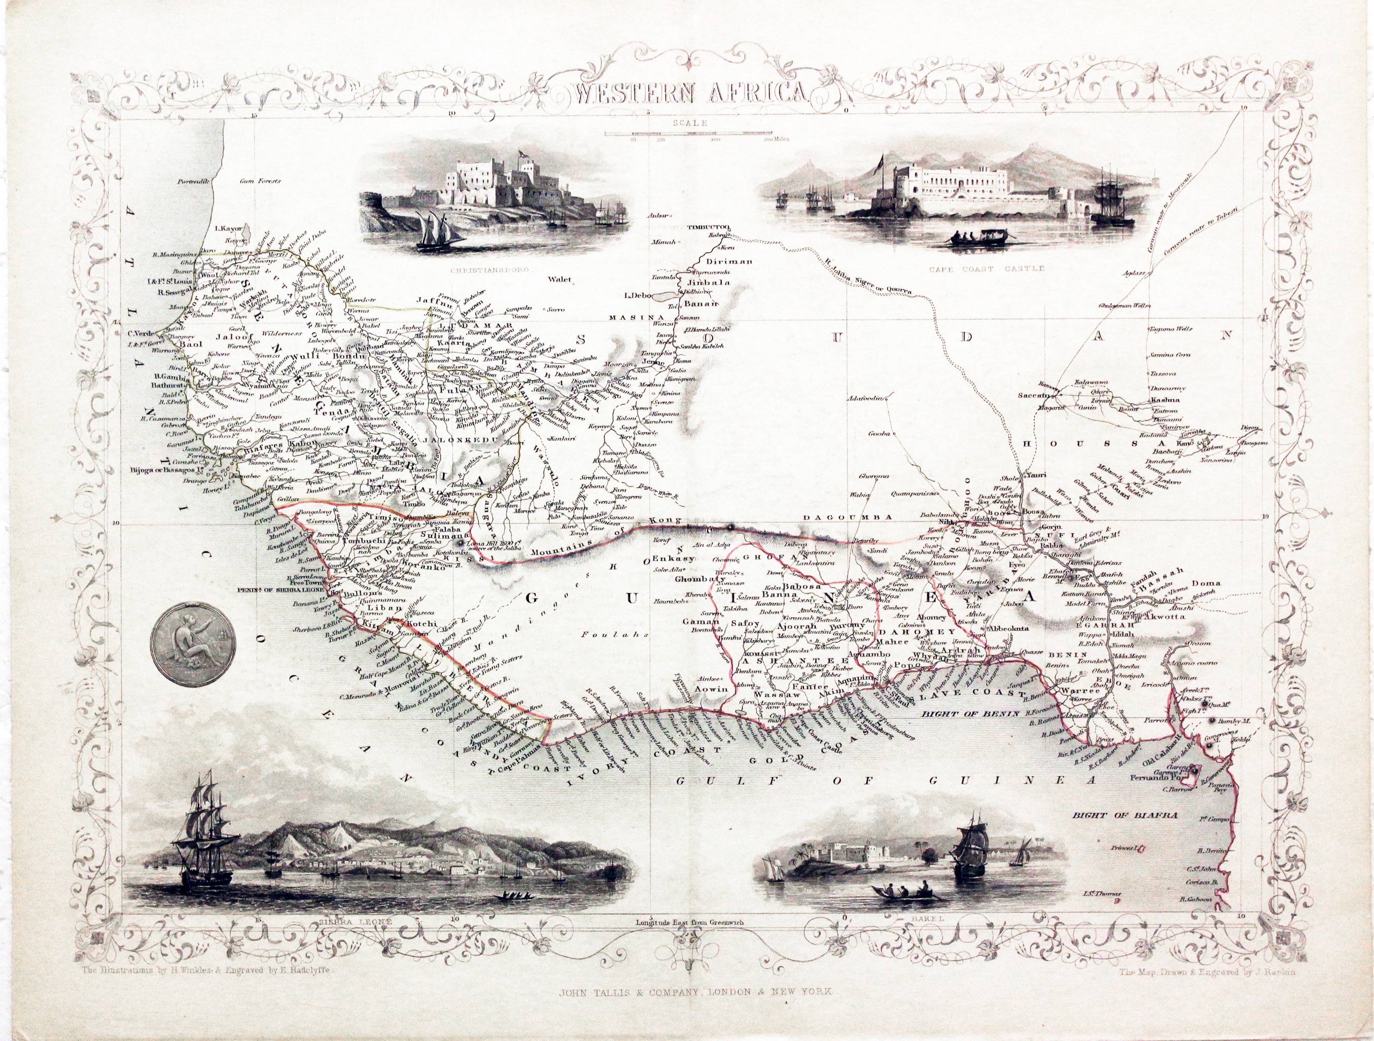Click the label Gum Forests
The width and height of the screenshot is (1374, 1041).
click(x=260, y=182)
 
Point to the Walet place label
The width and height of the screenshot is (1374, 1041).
click(x=559, y=280)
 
